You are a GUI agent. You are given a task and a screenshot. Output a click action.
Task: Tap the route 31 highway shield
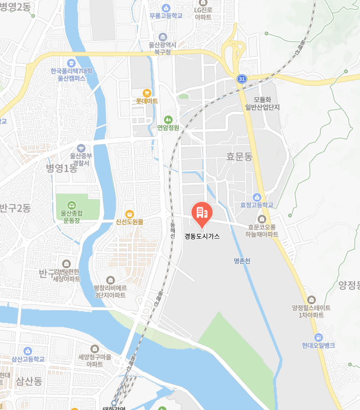pyautogui.click(x=241, y=79)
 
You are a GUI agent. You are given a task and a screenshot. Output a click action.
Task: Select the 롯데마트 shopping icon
pyautogui.click(x=147, y=93)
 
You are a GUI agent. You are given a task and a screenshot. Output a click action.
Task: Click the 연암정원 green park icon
pyautogui.click(x=168, y=119)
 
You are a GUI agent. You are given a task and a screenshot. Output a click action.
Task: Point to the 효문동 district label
pyautogui.click(x=240, y=157)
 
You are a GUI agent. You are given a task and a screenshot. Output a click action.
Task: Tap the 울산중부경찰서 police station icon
pyautogui.click(x=81, y=148)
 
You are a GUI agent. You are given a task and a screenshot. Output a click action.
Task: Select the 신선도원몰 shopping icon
pyautogui.click(x=129, y=213)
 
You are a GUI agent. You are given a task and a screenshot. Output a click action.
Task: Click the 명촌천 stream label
pyautogui.click(x=240, y=261)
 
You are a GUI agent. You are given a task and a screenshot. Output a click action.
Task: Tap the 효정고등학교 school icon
pyautogui.click(x=257, y=197)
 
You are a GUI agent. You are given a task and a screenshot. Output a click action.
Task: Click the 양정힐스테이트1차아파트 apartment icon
pyautogui.click(x=311, y=299)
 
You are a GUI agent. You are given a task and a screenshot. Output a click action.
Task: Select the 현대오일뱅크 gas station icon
pyautogui.click(x=319, y=337)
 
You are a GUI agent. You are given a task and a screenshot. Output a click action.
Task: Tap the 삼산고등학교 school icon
pyautogui.click(x=28, y=351)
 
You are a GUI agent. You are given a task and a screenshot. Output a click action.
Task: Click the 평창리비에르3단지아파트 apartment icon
pyautogui.click(x=111, y=280)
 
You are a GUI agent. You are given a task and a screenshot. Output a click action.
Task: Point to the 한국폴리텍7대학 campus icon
pyautogui.click(x=71, y=63)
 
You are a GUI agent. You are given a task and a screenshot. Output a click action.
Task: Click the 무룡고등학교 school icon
pyautogui.click(x=166, y=8)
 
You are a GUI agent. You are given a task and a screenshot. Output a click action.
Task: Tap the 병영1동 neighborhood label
pyautogui.click(x=62, y=168)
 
